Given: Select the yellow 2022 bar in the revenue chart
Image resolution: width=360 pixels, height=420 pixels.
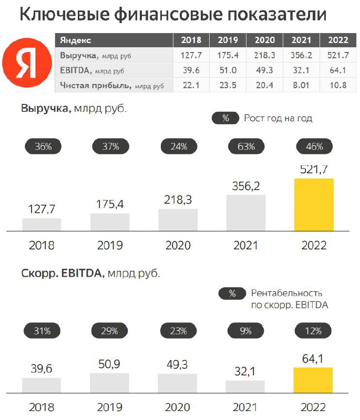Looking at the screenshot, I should click(314, 205).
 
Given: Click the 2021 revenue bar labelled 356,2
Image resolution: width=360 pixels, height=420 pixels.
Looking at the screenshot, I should click(246, 213).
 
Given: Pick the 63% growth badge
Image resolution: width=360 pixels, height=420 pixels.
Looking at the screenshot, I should click(246, 147).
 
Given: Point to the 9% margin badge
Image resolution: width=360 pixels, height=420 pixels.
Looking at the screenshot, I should click(246, 331).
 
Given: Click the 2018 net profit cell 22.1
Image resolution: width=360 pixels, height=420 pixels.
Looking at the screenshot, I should click(191, 85).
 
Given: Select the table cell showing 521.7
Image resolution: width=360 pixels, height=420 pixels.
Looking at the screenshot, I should click(337, 55).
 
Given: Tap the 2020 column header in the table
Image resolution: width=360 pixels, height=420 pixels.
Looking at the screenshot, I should click(264, 40).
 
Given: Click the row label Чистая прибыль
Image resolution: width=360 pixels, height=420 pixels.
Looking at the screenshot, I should click(95, 85).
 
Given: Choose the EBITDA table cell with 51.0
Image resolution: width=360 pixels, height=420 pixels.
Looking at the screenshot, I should click(228, 70).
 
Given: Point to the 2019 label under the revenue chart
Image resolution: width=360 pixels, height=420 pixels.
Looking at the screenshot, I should click(110, 245).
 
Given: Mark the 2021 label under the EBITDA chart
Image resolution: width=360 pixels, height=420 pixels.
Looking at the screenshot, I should click(246, 407).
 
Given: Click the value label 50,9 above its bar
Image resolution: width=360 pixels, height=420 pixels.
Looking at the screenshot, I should click(110, 364).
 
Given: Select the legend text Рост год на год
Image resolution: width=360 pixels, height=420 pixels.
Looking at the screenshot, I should click(278, 118).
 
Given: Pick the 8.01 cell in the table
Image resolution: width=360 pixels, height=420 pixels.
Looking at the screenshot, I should click(301, 85).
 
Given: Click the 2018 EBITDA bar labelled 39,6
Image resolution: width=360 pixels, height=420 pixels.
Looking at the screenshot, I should click(42, 385).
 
